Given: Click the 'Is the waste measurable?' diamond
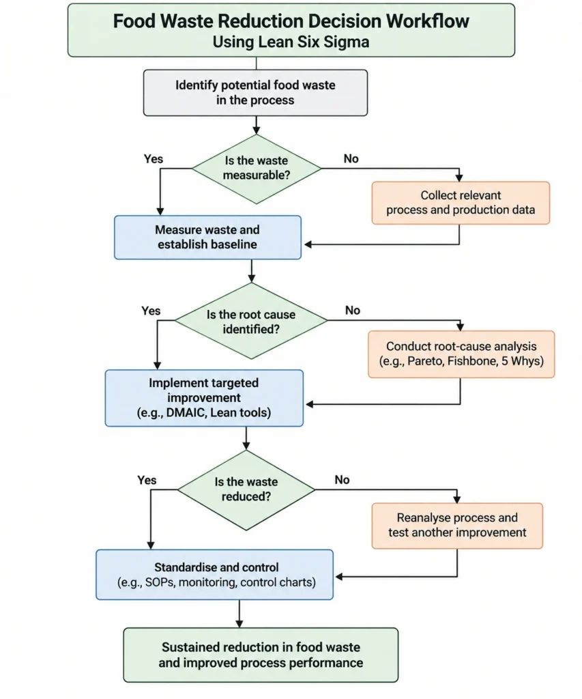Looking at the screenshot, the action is pyautogui.click(x=257, y=169).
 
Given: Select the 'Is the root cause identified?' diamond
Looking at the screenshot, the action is pyautogui.click(x=251, y=321).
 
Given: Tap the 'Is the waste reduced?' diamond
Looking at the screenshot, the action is pyautogui.click(x=246, y=489).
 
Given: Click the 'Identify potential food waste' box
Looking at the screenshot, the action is pyautogui.click(x=255, y=93).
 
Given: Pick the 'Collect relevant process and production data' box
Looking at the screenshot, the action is pyautogui.click(x=461, y=203).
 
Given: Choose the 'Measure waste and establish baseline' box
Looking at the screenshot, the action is pyautogui.click(x=207, y=237).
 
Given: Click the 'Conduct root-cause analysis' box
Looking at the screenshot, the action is pyautogui.click(x=461, y=354).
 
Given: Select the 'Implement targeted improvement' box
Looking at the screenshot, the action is pyautogui.click(x=204, y=398).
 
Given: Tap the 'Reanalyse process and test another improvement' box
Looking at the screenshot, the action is pyautogui.click(x=457, y=526).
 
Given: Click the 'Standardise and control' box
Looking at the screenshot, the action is pyautogui.click(x=214, y=574).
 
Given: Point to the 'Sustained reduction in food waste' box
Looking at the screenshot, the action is pyautogui.click(x=261, y=655).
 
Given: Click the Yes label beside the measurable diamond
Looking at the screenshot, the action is pyautogui.click(x=154, y=158).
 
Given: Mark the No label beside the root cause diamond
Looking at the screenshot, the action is pyautogui.click(x=353, y=311).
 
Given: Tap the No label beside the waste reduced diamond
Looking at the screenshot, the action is pyautogui.click(x=342, y=480).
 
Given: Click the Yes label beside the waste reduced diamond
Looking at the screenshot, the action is pyautogui.click(x=147, y=480).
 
